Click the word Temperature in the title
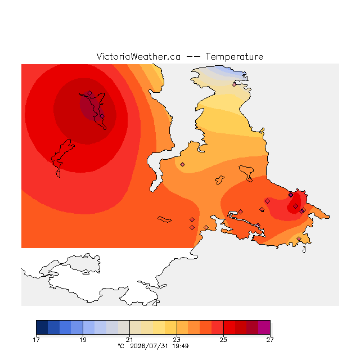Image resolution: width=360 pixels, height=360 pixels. [x=234, y=57]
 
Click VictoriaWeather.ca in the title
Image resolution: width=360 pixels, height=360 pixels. [x=138, y=57]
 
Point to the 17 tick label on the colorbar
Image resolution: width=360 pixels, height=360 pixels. [x=36, y=340]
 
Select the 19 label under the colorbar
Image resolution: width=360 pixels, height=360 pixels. [x=83, y=340]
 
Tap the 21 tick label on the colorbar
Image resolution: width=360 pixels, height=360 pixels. [x=130, y=340]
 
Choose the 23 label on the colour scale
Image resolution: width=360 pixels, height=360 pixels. [x=177, y=340]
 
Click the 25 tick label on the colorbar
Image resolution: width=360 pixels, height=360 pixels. [x=223, y=340]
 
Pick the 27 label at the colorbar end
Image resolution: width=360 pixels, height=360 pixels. [x=270, y=340]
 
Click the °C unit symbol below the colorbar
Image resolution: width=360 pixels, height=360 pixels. [x=121, y=346]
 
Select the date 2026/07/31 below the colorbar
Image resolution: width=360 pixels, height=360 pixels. [x=149, y=346]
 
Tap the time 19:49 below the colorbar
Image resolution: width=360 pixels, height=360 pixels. [x=181, y=346]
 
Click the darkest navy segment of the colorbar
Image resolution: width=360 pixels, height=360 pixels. [x=42, y=327]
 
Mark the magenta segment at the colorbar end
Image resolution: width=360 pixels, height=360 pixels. [x=264, y=327]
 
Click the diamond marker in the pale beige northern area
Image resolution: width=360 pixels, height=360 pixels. [x=234, y=85]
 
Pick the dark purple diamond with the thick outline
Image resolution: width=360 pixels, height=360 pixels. [x=291, y=195]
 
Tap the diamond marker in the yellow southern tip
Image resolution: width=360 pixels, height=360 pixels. [x=299, y=238]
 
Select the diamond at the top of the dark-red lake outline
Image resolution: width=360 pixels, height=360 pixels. [x=90, y=93]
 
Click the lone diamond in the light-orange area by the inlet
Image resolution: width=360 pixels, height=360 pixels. [x=182, y=164]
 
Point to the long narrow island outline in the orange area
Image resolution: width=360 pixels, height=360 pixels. [x=164, y=219]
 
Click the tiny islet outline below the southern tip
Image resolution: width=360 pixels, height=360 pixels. [x=304, y=250]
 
